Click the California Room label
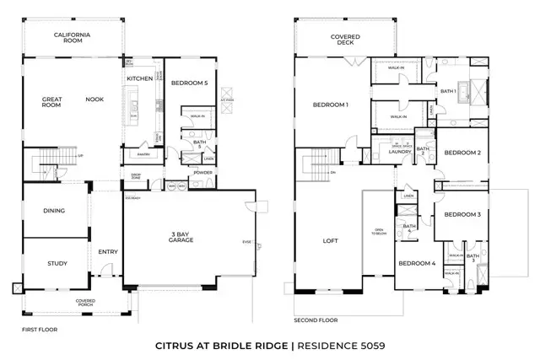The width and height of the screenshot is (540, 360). [x=73, y=36]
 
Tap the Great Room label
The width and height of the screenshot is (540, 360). [x=52, y=103]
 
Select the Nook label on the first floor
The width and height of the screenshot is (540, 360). [x=94, y=99]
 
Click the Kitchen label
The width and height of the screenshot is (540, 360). [x=138, y=78]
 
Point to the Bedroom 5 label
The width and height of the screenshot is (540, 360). [x=189, y=83]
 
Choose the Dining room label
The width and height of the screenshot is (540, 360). [x=54, y=211]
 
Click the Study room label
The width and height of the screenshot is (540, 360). [x=54, y=263]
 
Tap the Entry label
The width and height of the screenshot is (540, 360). [x=107, y=250]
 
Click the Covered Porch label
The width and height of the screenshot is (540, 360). [x=84, y=302]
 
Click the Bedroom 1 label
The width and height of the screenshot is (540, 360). [x=331, y=105]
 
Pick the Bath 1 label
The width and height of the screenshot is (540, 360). [x=448, y=91]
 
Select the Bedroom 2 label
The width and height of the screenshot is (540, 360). [x=462, y=153]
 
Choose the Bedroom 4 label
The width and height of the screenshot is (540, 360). [x=417, y=263]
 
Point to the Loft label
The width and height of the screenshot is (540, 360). [x=330, y=241]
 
